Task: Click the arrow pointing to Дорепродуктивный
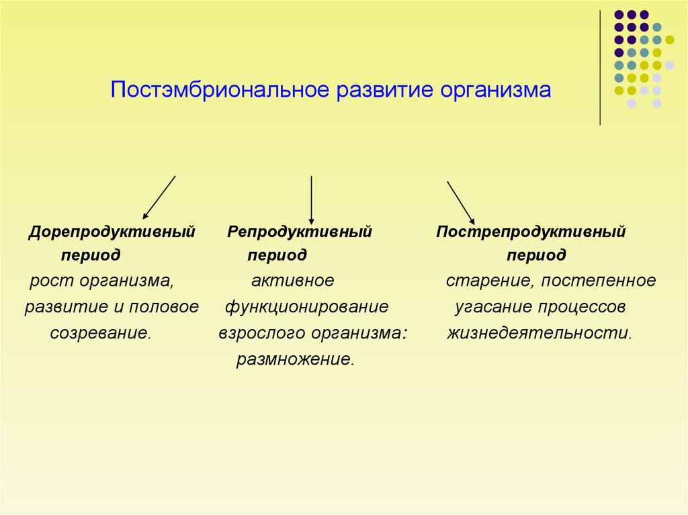click(x=159, y=197)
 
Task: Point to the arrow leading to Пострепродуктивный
click(x=461, y=201)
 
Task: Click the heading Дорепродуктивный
click(x=112, y=232)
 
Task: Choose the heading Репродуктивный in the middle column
click(x=300, y=232)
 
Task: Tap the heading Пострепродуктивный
click(x=531, y=232)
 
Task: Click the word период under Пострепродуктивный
click(x=536, y=256)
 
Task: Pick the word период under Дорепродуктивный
click(x=91, y=256)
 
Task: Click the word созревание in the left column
click(x=100, y=333)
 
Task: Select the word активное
click(x=292, y=281)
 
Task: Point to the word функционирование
click(x=306, y=307)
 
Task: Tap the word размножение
click(x=294, y=359)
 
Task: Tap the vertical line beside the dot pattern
click(x=600, y=67)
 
